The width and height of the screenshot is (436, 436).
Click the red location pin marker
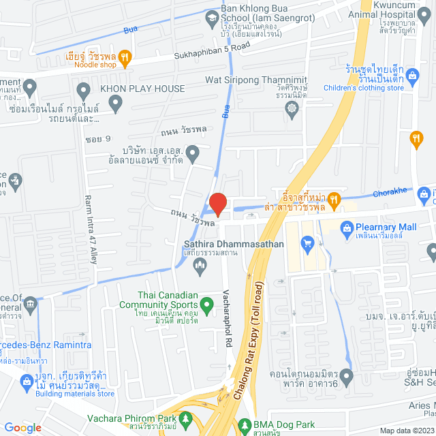[x=217, y=204]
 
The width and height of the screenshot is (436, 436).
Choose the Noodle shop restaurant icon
[x=124, y=58]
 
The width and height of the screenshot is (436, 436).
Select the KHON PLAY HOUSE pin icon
[x=84, y=89]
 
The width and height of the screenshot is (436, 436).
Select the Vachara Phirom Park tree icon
[x=185, y=418]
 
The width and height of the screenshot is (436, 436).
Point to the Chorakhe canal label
[x=388, y=191]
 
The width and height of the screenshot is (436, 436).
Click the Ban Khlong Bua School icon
[x=213, y=19]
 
